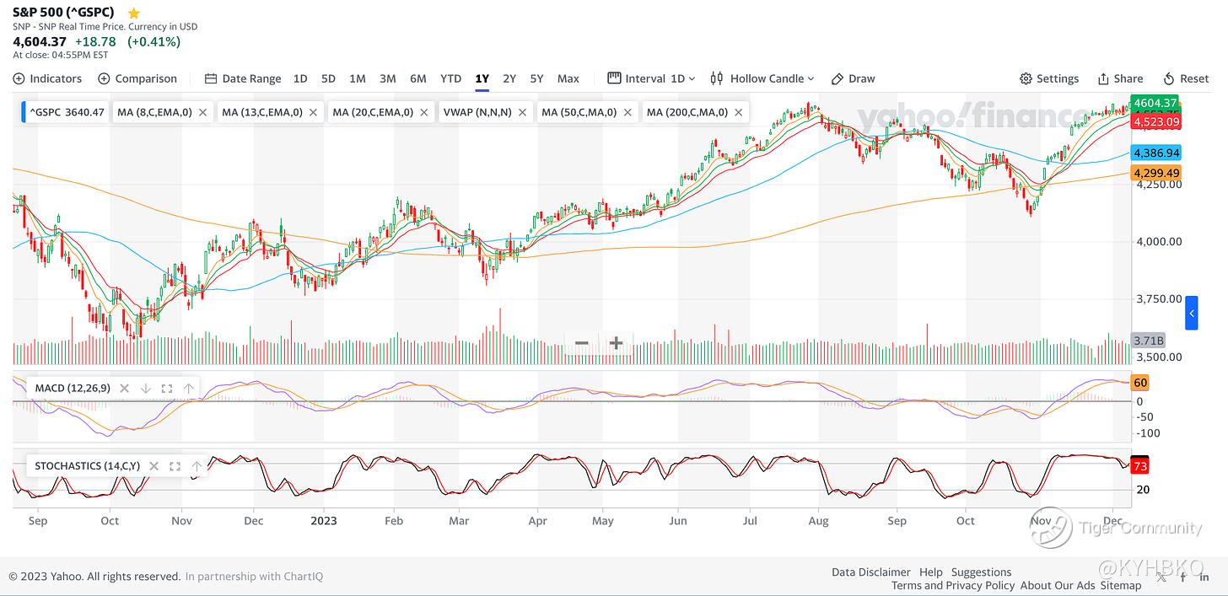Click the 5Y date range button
pos(536,78)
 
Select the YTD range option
pos(451,78)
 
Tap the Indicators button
pos(48,78)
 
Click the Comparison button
pos(137,78)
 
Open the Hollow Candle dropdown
pos(763,78)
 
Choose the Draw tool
pos(854,78)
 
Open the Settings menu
pos(1049,78)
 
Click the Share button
pos(1120,78)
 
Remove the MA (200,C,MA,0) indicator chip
pos(739,112)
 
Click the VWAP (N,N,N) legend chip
pos(477,112)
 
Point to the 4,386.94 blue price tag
pos(1156,153)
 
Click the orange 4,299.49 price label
pos(1156,173)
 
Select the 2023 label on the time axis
pos(323,521)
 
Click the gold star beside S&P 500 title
pos(133,13)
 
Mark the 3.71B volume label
pos(1148,341)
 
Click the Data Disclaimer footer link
pos(870,572)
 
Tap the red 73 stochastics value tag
pos(1140,466)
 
